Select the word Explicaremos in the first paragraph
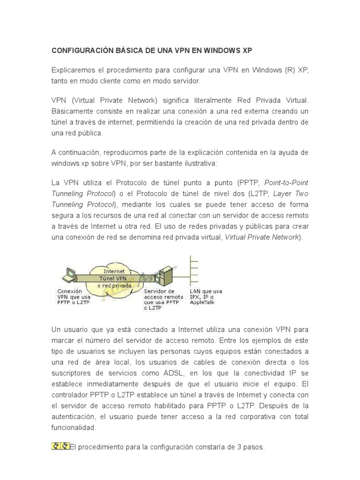[x=74, y=70]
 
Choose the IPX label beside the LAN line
[x=196, y=297]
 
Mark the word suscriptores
[x=72, y=373]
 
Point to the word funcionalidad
[x=73, y=427]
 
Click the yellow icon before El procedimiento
[x=60, y=446]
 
